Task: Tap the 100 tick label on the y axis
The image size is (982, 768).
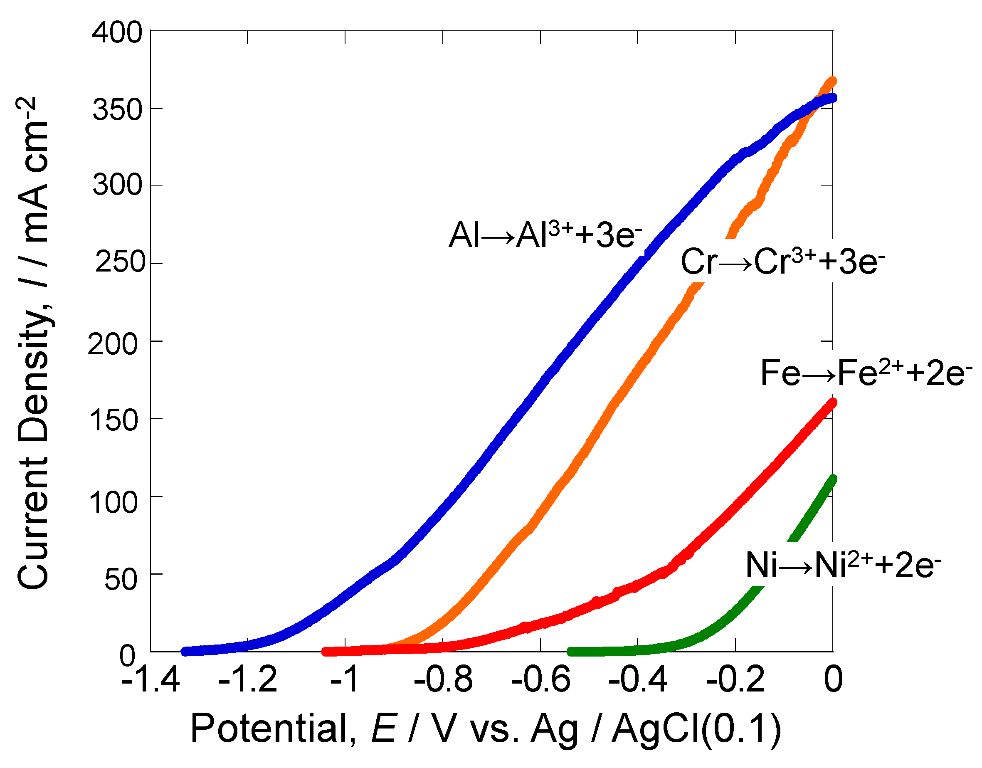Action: pyautogui.click(x=113, y=502)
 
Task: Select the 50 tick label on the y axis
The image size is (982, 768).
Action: pyautogui.click(x=121, y=580)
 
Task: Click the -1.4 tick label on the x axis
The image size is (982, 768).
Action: pyautogui.click(x=150, y=679)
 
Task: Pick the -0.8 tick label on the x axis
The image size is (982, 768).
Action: pyautogui.click(x=443, y=679)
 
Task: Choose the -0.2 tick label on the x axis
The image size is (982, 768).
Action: pyautogui.click(x=735, y=679)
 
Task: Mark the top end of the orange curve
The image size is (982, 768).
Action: pyautogui.click(x=832, y=81)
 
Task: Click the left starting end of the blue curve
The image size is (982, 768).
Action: pyautogui.click(x=185, y=651)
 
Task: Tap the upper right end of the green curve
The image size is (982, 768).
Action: pyautogui.click(x=832, y=479)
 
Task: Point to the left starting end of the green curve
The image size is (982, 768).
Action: pyautogui.click(x=571, y=652)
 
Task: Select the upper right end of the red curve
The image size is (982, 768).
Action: pyautogui.click(x=832, y=403)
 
